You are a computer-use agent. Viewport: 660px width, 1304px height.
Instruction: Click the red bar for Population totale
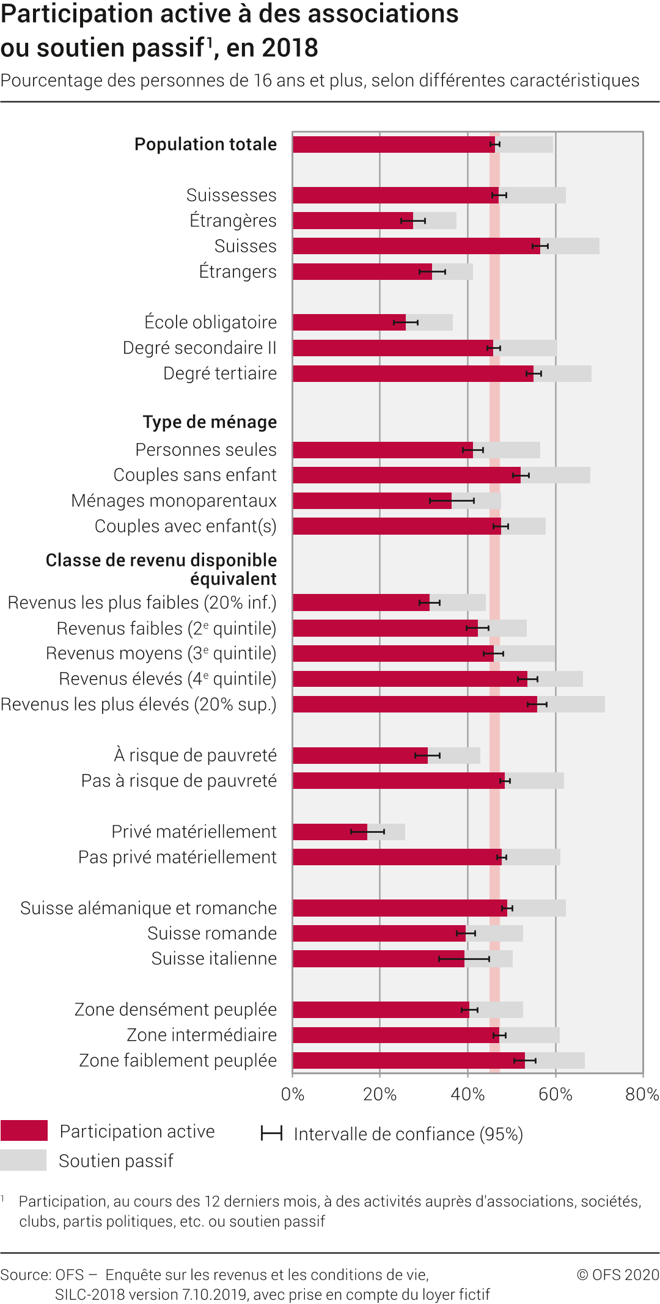click(x=391, y=144)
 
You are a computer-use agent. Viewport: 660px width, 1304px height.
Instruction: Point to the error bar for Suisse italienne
click(x=464, y=959)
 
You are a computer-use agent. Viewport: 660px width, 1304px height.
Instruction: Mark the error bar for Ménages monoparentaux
click(x=452, y=501)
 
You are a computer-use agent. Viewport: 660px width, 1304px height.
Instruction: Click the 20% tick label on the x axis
click(x=380, y=1094)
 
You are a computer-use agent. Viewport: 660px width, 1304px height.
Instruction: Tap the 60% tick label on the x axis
click(x=555, y=1094)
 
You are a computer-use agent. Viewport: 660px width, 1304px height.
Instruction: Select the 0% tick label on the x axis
click(x=293, y=1094)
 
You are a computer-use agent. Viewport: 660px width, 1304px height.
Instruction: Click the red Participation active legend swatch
click(x=24, y=1130)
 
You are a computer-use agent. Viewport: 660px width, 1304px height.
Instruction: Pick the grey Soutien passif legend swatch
click(x=24, y=1160)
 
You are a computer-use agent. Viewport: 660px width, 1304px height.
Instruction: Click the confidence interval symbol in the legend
click(x=271, y=1134)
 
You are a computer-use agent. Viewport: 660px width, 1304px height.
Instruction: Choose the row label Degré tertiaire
click(x=219, y=373)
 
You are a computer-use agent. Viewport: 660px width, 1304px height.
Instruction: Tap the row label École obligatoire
click(x=210, y=322)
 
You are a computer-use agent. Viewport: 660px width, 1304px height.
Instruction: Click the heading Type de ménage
click(x=210, y=422)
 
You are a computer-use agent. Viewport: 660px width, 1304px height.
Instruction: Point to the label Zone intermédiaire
click(x=202, y=1035)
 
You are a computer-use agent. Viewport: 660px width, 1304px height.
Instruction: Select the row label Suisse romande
click(x=211, y=933)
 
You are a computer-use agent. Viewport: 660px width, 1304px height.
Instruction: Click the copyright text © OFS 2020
click(x=618, y=1275)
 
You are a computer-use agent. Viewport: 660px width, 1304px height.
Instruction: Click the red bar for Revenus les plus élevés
click(x=414, y=705)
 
